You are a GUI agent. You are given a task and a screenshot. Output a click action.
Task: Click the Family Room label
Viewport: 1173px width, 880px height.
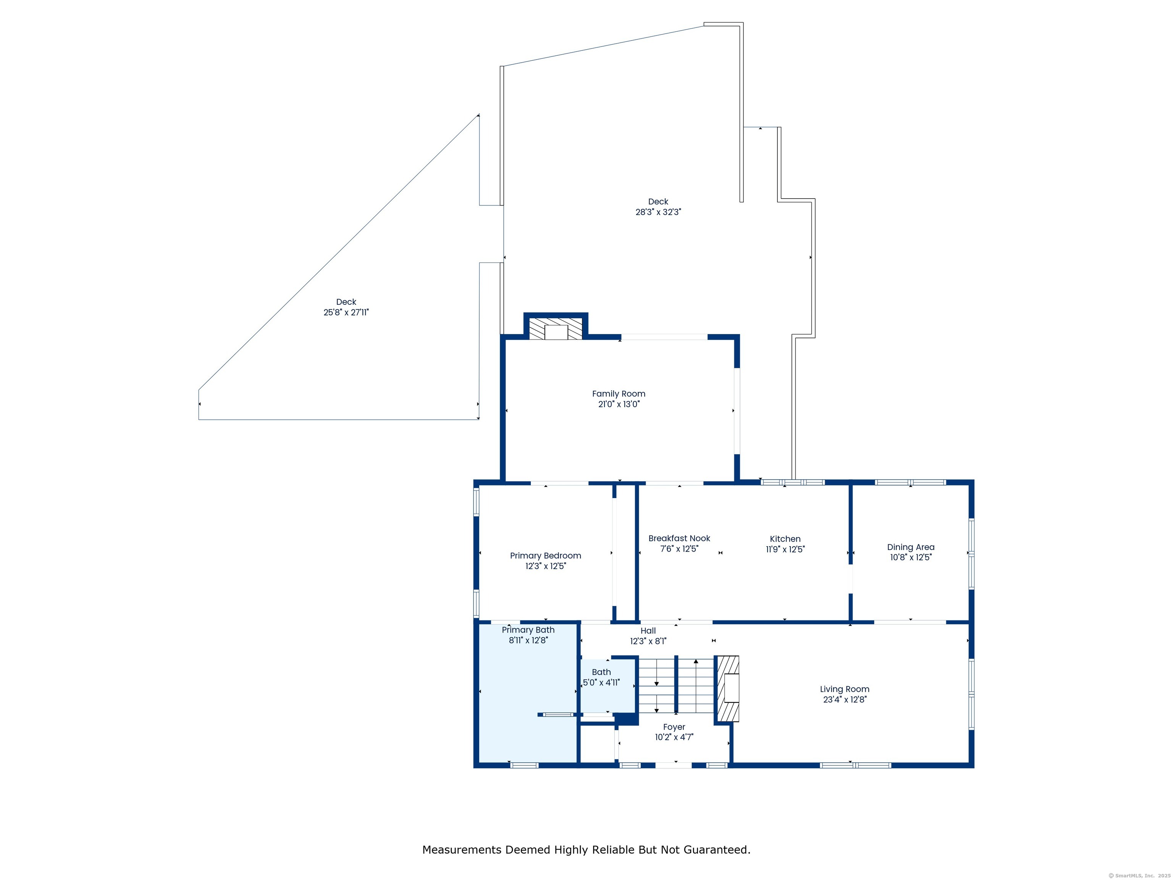point(618,393)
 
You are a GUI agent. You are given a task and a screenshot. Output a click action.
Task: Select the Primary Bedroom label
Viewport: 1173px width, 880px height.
point(545,556)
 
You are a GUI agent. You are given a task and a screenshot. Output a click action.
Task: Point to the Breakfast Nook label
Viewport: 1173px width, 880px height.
point(679,539)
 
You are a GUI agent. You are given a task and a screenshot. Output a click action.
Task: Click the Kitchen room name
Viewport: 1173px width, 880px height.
point(785,539)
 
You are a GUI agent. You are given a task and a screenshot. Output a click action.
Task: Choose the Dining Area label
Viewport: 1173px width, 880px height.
point(911,547)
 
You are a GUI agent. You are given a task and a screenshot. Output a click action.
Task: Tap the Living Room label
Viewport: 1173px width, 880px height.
point(844,689)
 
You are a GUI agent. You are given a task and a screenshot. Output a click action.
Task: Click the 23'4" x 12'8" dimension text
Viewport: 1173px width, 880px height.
point(845,700)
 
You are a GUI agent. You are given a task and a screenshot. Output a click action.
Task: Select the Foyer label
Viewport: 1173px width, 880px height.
point(674,727)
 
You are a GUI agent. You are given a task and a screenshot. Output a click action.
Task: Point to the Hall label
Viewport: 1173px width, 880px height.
point(648,631)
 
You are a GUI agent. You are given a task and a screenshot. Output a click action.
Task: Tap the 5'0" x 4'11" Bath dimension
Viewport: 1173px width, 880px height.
point(601,683)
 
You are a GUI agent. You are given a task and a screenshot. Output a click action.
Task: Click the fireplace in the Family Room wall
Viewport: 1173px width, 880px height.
point(556,329)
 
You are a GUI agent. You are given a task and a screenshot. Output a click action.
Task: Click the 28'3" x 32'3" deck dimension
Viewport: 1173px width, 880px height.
point(658,212)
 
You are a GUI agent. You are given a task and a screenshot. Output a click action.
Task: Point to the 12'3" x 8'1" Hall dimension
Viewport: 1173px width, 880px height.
point(648,641)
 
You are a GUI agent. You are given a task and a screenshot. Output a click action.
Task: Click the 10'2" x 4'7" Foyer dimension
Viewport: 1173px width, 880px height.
point(674,737)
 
